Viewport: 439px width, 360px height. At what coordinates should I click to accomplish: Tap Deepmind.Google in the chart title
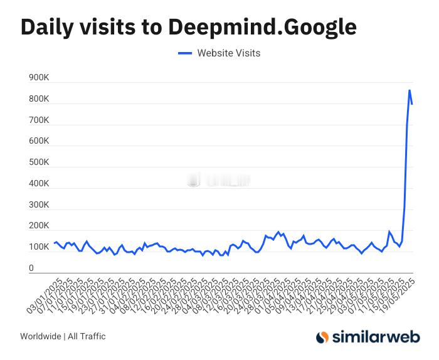(262, 27)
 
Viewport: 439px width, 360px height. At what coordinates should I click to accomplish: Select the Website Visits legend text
(228, 53)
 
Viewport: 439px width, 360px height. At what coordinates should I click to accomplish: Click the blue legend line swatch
(184, 53)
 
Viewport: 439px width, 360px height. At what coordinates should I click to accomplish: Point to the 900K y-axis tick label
(40, 78)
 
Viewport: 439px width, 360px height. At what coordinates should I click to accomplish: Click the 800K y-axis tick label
(40, 99)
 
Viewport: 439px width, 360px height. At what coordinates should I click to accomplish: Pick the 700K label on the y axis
(40, 120)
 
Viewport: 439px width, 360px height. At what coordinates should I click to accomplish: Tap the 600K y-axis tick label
(40, 141)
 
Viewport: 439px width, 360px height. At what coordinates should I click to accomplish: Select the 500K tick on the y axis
(40, 162)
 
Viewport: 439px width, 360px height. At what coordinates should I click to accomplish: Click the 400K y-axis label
(40, 184)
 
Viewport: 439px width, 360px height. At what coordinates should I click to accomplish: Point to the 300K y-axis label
(40, 205)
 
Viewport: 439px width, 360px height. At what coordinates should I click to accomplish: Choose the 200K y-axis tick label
(40, 226)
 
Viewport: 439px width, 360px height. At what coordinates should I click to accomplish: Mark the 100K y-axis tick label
(40, 247)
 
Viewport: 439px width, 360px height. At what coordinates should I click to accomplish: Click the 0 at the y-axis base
(31, 268)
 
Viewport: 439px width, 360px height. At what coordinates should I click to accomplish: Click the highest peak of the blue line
(410, 90)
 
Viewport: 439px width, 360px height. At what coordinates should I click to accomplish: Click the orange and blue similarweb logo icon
(322, 337)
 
